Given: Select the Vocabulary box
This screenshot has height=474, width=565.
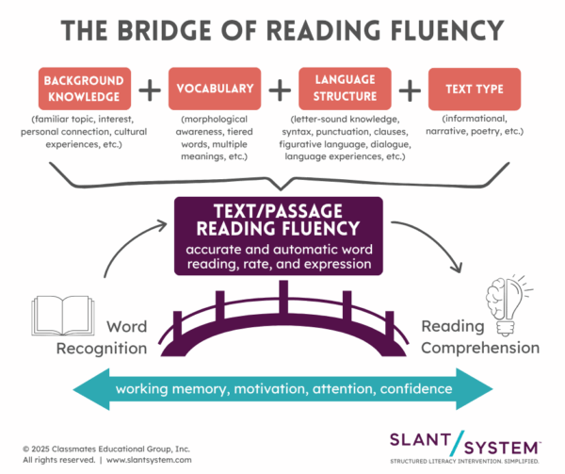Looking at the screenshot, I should [214, 89].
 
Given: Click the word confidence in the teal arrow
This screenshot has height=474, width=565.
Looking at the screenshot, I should [414, 389].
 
